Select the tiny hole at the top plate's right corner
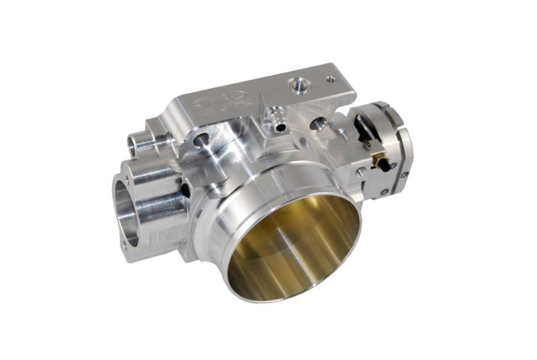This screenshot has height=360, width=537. point(330,79)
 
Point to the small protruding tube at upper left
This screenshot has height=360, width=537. point(141,141)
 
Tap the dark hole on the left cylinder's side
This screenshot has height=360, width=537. point(185,191)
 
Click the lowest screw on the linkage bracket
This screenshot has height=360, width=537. point(384,193)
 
